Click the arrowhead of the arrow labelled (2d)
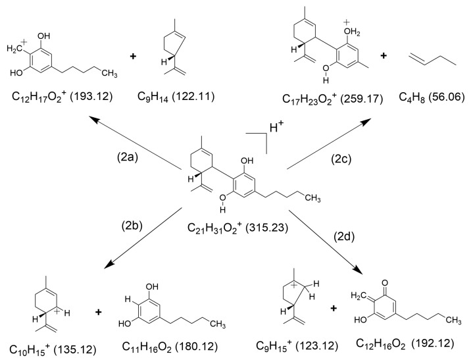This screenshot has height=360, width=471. pyautogui.click(x=362, y=271)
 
